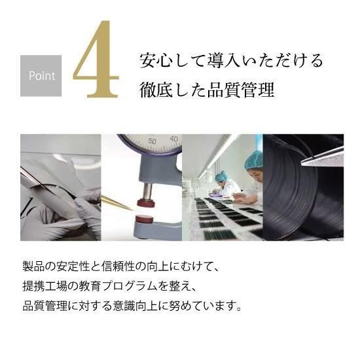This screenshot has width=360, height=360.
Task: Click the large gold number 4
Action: [96, 60]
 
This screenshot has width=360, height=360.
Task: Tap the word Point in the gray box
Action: [42, 75]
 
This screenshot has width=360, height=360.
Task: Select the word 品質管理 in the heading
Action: [241, 90]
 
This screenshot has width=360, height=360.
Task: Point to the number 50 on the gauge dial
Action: [152, 141]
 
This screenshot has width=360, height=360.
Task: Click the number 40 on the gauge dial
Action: [173, 139]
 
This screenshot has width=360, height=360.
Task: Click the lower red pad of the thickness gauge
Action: [145, 219]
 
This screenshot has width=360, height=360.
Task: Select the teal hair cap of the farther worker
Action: [221, 175]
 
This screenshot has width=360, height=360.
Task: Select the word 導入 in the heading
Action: [224, 60]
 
